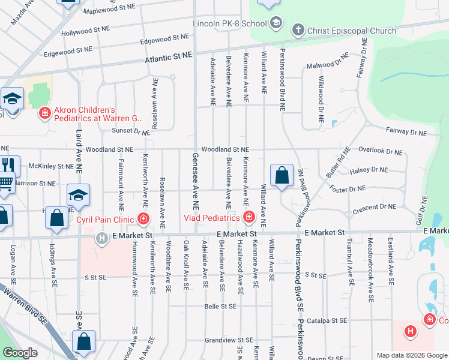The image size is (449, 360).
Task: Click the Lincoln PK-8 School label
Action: [229, 24]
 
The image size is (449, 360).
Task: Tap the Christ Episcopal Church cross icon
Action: [297, 30]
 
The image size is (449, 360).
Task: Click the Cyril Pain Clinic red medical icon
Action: [143, 218]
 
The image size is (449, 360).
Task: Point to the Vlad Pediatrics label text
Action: [211, 217]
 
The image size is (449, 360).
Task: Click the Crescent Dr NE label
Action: [374, 206]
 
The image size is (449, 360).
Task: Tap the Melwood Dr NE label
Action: [328, 64]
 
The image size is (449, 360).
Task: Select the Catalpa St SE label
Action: [327, 321]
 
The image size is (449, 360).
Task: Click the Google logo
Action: [20, 353]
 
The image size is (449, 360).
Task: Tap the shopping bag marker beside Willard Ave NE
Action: [282, 176]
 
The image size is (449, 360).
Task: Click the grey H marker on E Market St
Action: [103, 239]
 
